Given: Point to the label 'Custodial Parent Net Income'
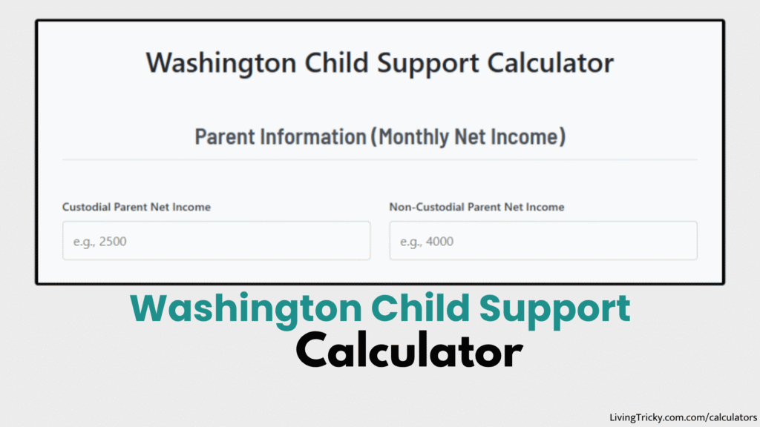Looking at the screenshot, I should pos(137,208).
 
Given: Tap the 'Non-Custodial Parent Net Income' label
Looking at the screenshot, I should pos(476,208).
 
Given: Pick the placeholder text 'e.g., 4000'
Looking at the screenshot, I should pos(427,242).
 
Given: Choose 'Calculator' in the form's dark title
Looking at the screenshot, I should pos(551,63).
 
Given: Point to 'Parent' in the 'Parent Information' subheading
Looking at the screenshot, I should pos(221,137).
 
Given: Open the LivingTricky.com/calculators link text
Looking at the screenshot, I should pos(683,418).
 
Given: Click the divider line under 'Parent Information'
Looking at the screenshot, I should pos(380,159).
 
